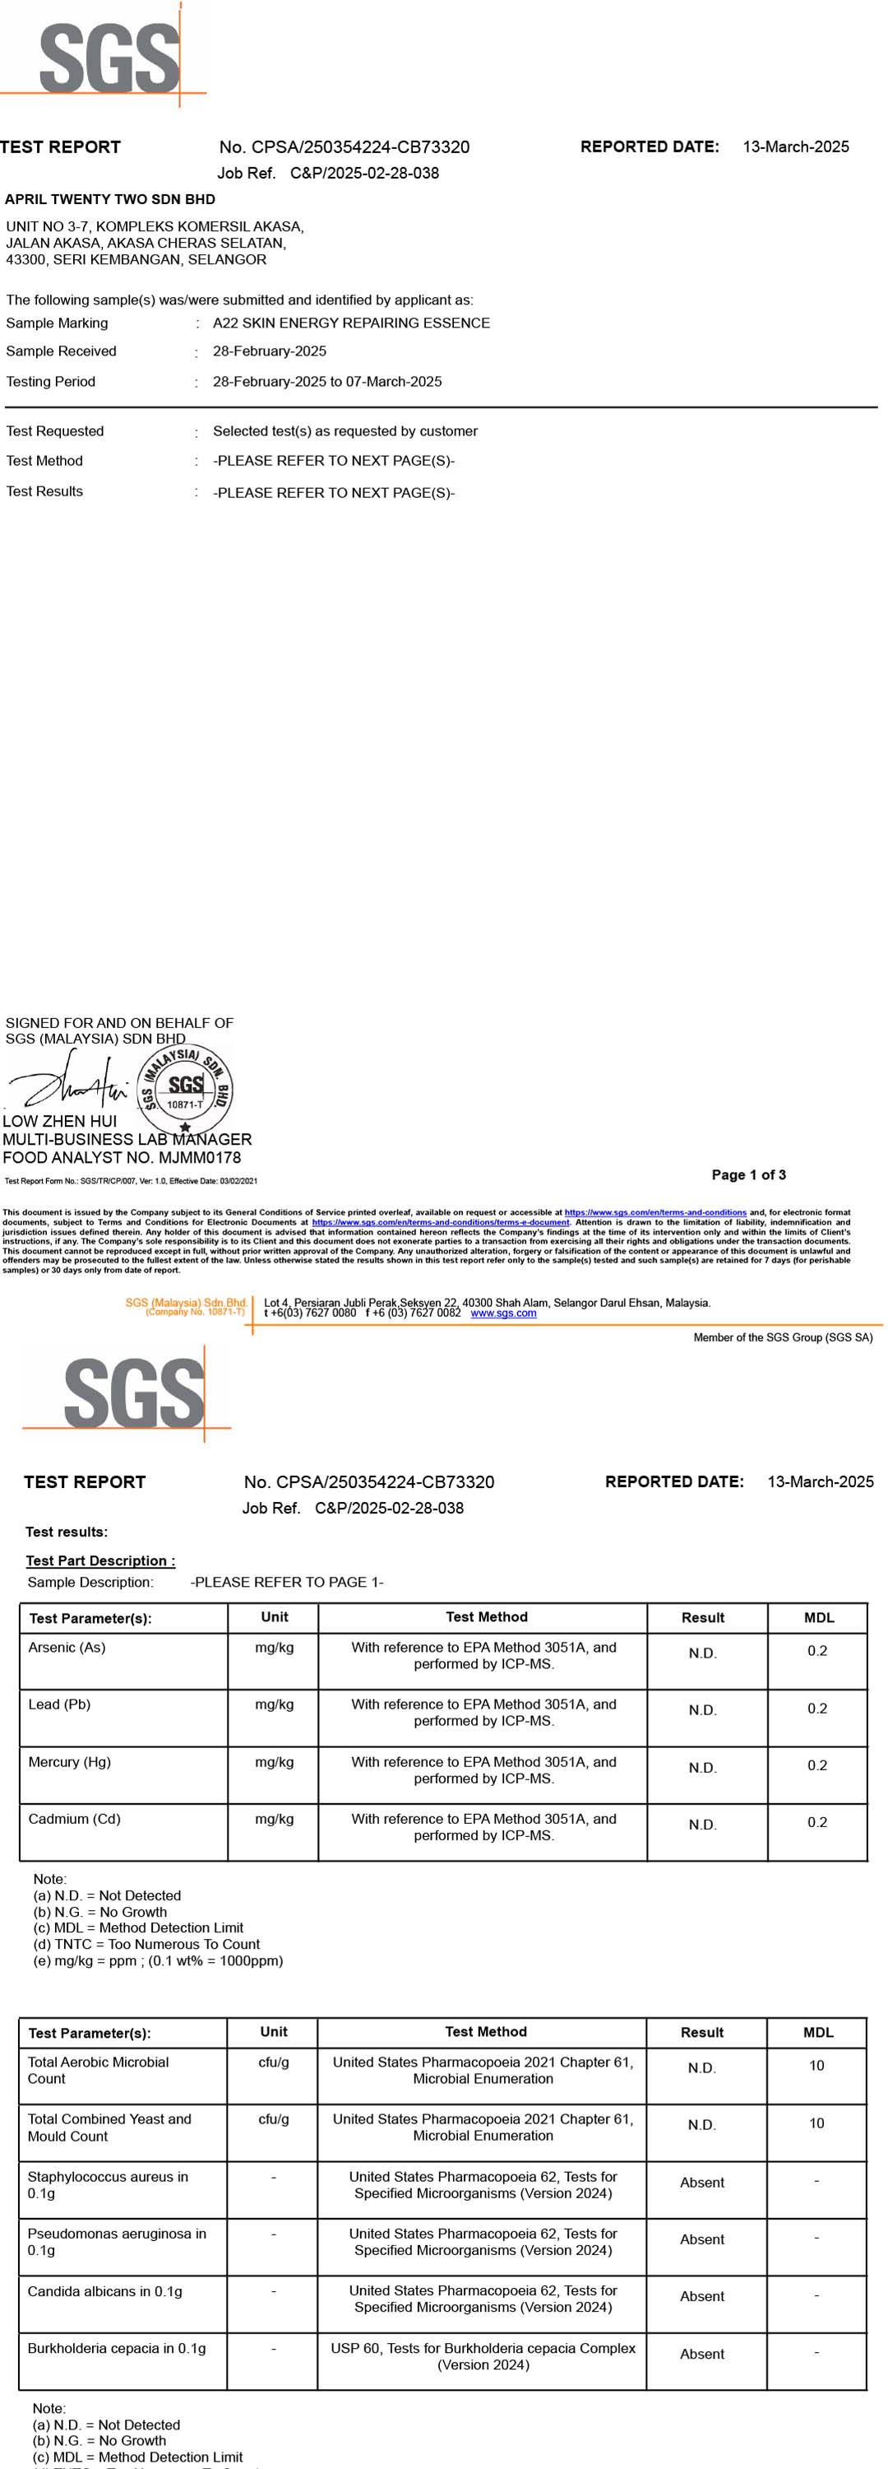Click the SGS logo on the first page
point(109,58)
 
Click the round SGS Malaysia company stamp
point(185,1090)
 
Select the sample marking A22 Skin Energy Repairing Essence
point(350,323)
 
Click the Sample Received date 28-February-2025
point(269,351)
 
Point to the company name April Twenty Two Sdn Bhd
point(110,199)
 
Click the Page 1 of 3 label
point(748,1174)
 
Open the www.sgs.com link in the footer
point(503,1313)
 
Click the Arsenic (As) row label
point(67,1647)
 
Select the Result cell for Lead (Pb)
point(702,1710)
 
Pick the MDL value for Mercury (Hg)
point(816,1765)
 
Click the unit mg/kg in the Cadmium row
point(274,1818)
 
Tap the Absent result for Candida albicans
point(701,2295)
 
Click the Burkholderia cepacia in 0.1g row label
point(117,2347)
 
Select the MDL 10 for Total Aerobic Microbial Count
point(816,2065)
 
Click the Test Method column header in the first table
point(486,1617)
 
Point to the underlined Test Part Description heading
point(99,1560)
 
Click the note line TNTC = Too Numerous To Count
point(146,1944)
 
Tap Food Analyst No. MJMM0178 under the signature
point(122,1157)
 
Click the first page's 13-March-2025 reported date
point(795,146)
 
